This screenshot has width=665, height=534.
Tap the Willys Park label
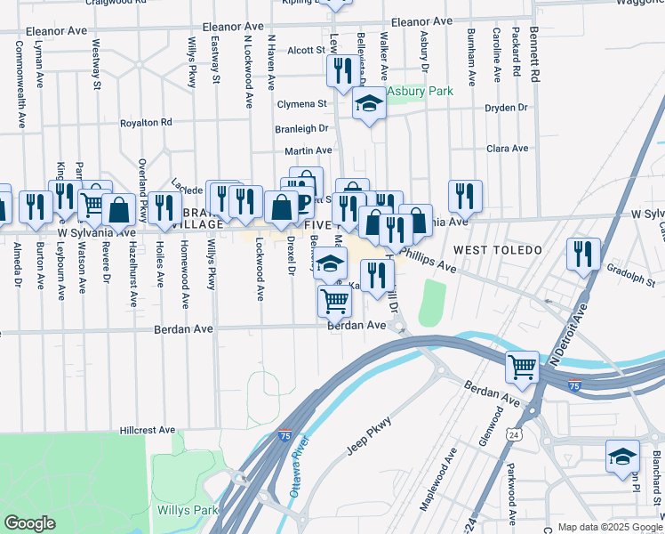(x=188, y=510)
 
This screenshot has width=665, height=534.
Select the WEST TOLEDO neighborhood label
(x=499, y=250)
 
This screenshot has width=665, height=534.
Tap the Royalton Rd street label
(x=146, y=122)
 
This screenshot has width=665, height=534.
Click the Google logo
(x=29, y=523)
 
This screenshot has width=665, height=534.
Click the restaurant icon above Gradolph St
(x=583, y=254)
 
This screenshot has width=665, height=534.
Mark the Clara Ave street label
(x=507, y=149)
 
